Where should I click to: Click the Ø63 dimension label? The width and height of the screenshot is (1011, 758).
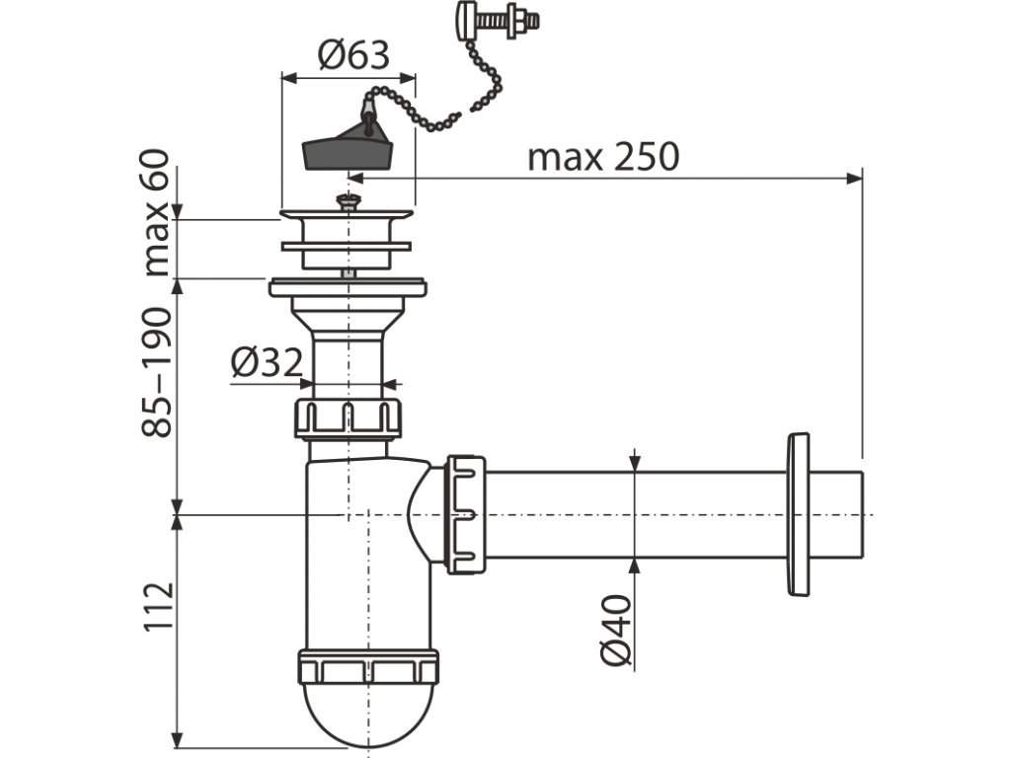[352, 55]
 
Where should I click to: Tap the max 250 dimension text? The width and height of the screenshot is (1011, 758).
[602, 157]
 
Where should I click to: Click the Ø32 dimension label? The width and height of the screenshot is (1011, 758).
[267, 363]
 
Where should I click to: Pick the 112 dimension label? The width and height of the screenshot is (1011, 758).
[158, 606]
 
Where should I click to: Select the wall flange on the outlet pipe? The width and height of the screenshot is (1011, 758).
[798, 513]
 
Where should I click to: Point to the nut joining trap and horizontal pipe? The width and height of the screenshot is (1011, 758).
[465, 513]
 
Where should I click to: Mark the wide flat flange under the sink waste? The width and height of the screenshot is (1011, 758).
[348, 287]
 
